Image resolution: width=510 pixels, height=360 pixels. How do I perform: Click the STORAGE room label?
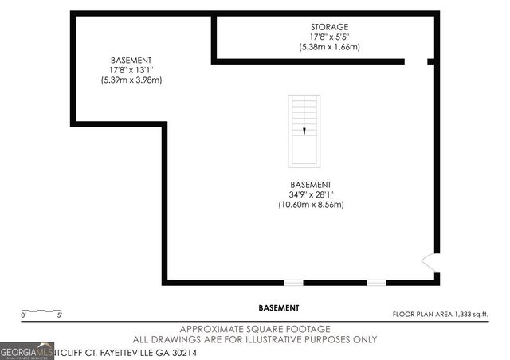click(x=329, y=27)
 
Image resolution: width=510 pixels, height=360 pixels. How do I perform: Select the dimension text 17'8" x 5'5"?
click(x=329, y=37)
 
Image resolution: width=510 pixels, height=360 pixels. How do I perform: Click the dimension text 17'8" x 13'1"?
click(x=131, y=70)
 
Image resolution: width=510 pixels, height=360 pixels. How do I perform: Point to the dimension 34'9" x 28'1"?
click(x=311, y=194)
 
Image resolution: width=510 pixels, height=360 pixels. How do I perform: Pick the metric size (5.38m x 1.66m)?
click(x=329, y=48)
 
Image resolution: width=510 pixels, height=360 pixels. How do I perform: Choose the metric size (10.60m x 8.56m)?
click(x=311, y=205)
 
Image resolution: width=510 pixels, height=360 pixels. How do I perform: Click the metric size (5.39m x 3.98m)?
click(x=131, y=80)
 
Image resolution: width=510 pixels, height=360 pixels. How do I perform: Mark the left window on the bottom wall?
click(x=294, y=282)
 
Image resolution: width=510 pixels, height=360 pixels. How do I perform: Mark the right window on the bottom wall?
click(x=376, y=282)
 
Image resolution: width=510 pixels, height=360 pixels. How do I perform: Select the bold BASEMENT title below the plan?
click(x=279, y=307)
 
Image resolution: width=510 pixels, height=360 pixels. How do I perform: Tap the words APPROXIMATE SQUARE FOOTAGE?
click(x=254, y=329)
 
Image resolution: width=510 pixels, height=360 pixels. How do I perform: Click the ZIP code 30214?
click(x=181, y=351)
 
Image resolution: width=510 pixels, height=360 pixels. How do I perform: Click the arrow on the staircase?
click(x=304, y=131)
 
